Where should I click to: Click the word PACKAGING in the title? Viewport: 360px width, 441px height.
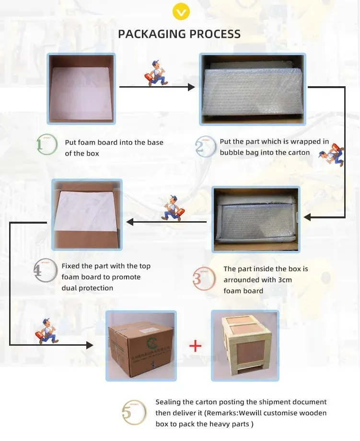[152, 34]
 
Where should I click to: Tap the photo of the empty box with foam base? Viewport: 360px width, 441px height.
[81, 89]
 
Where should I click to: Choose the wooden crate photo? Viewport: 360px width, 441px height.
[244, 345]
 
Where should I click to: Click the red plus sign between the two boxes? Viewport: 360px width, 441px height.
[195, 346]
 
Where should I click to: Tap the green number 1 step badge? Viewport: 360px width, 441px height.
[46, 145]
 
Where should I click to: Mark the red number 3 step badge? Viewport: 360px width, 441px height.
[203, 278]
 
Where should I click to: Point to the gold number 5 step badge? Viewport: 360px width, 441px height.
[133, 412]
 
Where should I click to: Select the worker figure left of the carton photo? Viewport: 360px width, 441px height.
[46, 329]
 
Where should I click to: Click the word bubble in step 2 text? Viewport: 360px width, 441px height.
[232, 153]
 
